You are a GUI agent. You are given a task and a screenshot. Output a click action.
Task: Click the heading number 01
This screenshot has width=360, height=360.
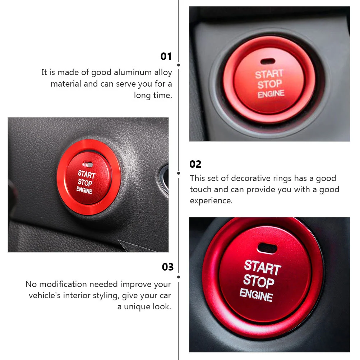(166, 56)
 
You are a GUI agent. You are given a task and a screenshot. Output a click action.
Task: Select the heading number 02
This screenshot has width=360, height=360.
(195, 164)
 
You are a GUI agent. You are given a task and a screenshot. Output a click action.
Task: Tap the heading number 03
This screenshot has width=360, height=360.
(167, 267)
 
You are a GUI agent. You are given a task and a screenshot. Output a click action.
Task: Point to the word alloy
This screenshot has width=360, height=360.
(163, 73)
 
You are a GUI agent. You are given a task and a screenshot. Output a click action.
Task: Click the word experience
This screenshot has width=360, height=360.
(211, 200)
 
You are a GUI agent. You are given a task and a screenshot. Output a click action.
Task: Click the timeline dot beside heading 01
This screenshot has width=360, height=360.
(179, 65)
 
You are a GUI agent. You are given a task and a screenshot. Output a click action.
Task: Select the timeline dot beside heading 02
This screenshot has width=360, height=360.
(179, 173)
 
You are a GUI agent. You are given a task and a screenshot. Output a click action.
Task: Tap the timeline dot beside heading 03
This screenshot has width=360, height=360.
(179, 277)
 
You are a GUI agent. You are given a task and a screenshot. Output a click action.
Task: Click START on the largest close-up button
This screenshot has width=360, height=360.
(262, 268)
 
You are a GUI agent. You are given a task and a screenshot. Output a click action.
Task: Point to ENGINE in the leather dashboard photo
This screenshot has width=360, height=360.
(84, 190)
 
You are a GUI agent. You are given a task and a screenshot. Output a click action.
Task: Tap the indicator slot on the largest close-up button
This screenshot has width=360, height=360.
(268, 248)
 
